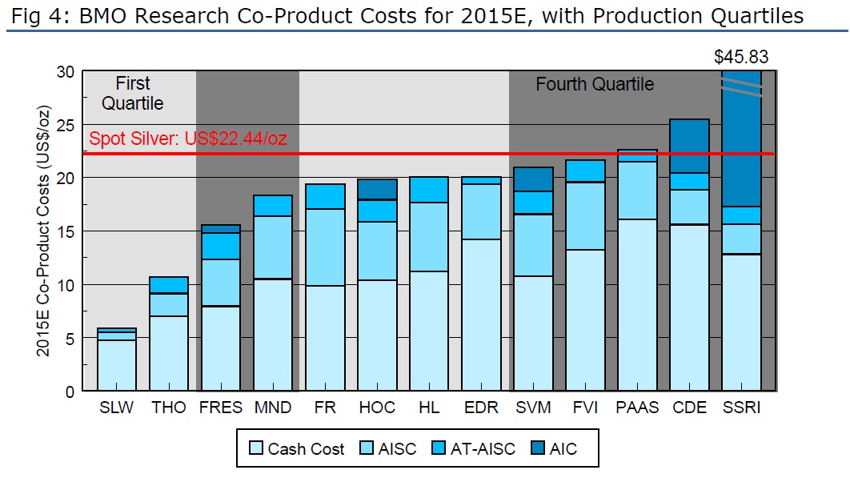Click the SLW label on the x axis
point(117,408)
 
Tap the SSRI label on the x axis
point(741,408)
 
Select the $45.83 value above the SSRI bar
point(741,57)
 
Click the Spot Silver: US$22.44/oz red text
point(188,139)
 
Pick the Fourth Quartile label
point(594,84)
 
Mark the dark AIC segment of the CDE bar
point(689,146)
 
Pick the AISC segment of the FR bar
point(325,247)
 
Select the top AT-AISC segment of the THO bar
point(169,285)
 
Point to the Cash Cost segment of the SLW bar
point(117,365)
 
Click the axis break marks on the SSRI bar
point(741,89)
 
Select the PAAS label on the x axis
point(638,408)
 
